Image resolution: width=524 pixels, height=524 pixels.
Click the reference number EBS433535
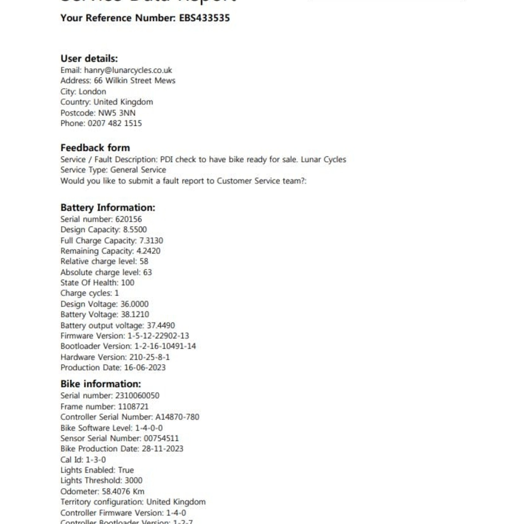point(204,18)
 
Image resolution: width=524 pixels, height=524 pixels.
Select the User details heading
point(89,59)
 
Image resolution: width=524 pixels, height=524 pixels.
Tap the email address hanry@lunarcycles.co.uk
point(128,70)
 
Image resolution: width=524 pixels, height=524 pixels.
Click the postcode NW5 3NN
point(117,113)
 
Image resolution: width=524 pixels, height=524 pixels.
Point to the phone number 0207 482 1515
point(115,123)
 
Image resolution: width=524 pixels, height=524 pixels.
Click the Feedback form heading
point(95,148)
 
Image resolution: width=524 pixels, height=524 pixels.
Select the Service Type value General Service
point(138,170)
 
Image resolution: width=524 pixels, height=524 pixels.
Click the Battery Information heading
point(108,208)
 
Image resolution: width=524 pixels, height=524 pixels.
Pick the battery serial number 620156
point(128,219)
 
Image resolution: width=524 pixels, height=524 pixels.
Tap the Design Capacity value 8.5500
point(135,230)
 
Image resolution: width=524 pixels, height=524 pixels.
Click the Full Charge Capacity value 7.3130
point(151,241)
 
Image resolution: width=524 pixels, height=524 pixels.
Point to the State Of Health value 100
point(128,283)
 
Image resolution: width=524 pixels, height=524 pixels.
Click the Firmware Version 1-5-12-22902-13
point(158,336)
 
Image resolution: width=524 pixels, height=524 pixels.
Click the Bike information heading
point(101,384)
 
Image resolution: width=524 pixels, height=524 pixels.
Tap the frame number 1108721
point(133,407)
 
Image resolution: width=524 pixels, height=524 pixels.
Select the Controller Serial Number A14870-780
point(177,417)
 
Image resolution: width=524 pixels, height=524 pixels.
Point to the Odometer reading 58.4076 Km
point(123,492)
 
